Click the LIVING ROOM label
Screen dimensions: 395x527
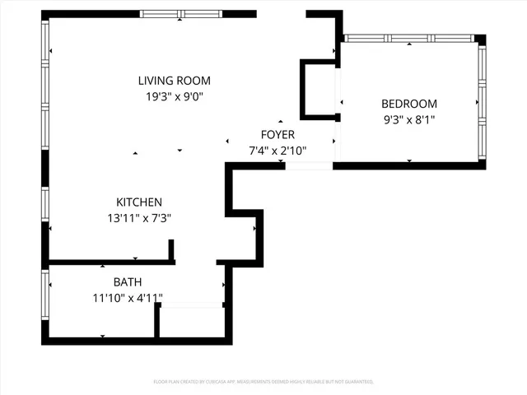pyautogui.click(x=174, y=81)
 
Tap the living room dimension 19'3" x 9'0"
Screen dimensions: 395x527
pyautogui.click(x=174, y=96)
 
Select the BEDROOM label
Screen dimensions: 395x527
pyautogui.click(x=408, y=104)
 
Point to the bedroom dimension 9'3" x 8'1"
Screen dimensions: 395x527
pyautogui.click(x=408, y=119)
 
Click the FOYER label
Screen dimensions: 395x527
pyautogui.click(x=277, y=134)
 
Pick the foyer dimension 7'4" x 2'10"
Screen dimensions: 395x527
pyautogui.click(x=277, y=150)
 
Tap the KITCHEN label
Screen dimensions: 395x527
pyautogui.click(x=138, y=202)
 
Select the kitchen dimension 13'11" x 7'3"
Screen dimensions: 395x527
pyautogui.click(x=138, y=218)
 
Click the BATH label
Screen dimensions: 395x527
pyautogui.click(x=127, y=281)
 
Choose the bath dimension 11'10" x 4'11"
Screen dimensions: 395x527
pyautogui.click(x=127, y=297)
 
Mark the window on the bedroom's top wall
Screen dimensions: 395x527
pyautogui.click(x=408, y=38)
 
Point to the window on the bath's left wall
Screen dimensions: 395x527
pyautogui.click(x=45, y=300)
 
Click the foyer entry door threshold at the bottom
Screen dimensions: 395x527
pyautogui.click(x=309, y=166)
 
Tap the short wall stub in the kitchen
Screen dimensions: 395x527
pyautogui.click(x=171, y=250)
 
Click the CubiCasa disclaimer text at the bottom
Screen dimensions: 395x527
pyautogui.click(x=263, y=382)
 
